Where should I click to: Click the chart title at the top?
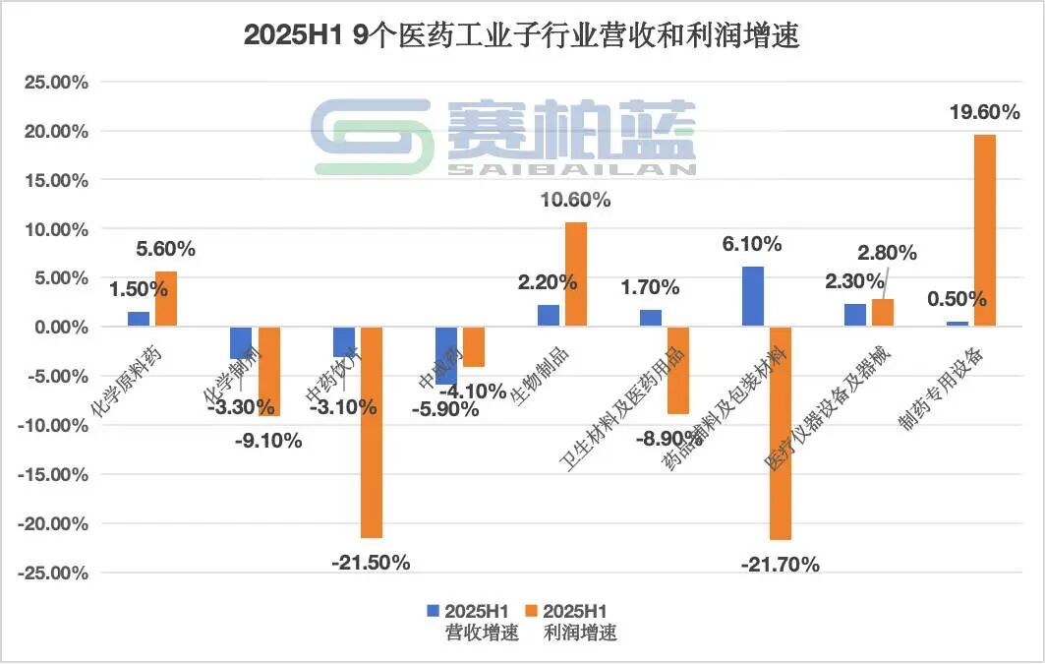[x=521, y=36]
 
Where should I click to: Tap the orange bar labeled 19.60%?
[x=984, y=229]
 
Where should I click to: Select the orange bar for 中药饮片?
[x=372, y=432]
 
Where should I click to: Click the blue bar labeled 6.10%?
[x=753, y=296]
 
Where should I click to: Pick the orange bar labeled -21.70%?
[x=780, y=433]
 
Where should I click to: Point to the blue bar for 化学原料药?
[x=140, y=319]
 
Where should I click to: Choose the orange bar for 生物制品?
[x=575, y=274]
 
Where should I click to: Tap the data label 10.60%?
[x=576, y=200]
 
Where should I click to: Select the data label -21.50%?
[x=371, y=563]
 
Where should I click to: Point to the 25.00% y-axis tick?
[x=55, y=83]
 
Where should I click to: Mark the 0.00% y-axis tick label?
[x=58, y=328]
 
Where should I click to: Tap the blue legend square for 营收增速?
[x=434, y=611]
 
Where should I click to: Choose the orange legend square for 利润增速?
[x=535, y=611]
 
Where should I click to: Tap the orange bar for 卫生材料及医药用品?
[x=677, y=370]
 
